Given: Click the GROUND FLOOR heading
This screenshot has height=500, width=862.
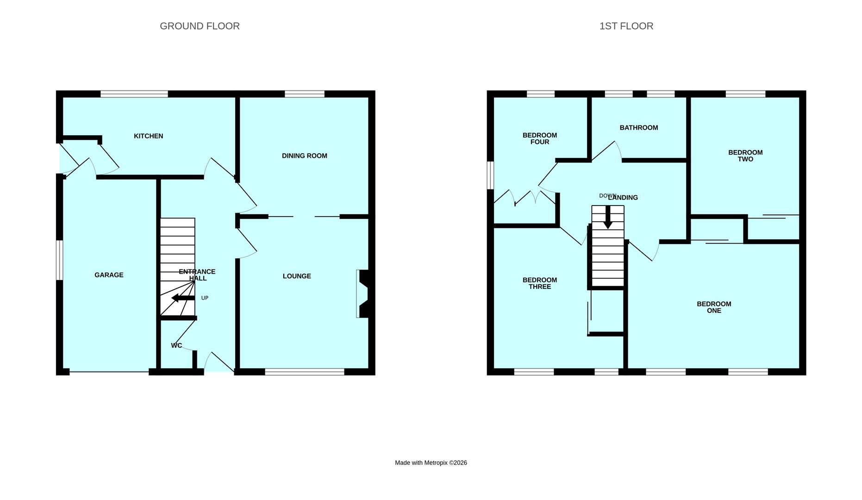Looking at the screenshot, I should (x=200, y=26).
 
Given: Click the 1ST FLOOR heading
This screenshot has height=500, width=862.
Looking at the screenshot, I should (x=626, y=26).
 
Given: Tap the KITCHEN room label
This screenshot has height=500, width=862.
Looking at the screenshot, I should (x=148, y=136).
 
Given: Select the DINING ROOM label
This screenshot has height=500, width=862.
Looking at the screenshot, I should (x=304, y=156).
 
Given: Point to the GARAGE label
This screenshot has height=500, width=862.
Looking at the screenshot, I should (x=109, y=275).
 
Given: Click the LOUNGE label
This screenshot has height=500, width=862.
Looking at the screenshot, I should (x=297, y=276).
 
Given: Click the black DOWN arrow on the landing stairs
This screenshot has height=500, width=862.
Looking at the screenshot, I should (x=607, y=217).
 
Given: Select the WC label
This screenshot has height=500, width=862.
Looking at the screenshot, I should (x=176, y=345).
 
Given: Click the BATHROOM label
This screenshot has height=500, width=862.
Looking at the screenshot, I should (x=638, y=128).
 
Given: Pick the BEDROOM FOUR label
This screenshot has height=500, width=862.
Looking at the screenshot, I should (x=539, y=138).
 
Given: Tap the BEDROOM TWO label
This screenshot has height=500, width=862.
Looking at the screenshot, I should (x=745, y=156).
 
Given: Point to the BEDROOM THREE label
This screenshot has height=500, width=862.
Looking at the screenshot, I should (x=539, y=283).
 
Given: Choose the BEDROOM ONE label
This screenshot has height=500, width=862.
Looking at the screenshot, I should (x=713, y=307).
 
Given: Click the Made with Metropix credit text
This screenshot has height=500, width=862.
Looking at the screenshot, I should (x=431, y=462).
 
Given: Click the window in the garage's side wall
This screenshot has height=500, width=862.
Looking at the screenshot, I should (x=59, y=260).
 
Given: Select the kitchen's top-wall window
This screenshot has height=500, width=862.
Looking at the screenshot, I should (x=134, y=94).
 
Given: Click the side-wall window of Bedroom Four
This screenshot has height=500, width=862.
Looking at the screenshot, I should (x=490, y=175).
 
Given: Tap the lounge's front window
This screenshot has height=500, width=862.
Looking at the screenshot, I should (x=305, y=371).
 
